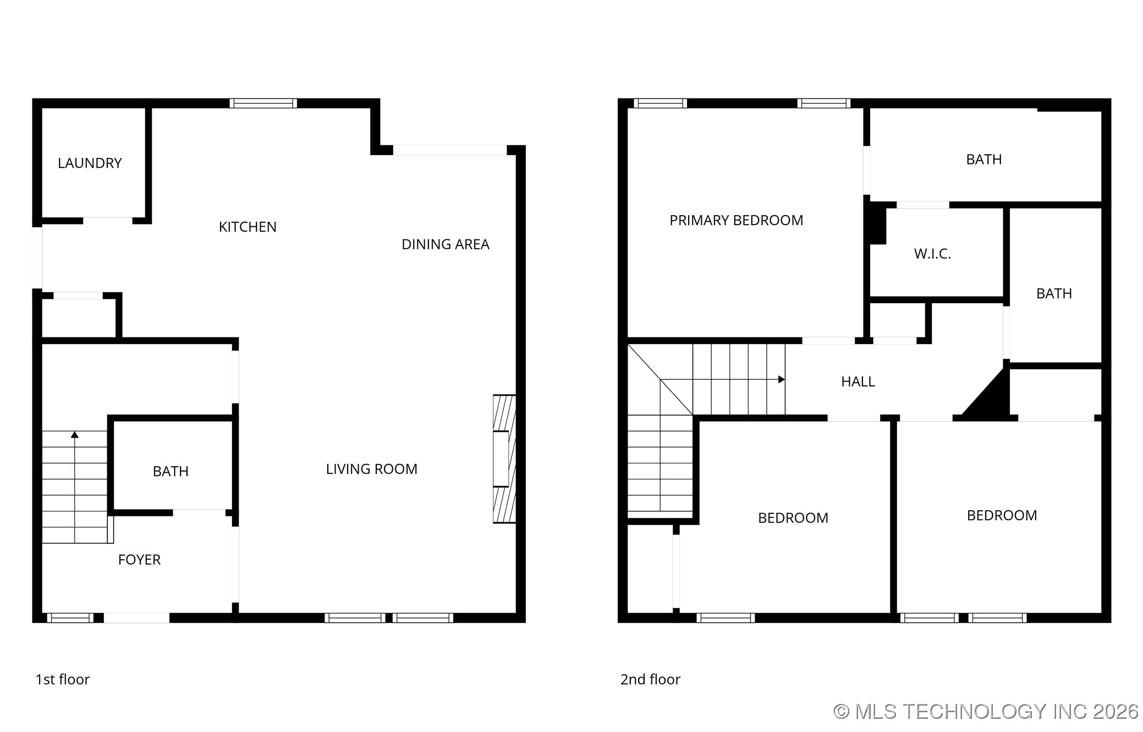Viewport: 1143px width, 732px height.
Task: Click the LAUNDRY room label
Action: tap(90, 163)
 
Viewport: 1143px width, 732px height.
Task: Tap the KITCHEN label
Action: tap(248, 227)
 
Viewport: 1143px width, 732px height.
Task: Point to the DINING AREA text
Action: tap(446, 244)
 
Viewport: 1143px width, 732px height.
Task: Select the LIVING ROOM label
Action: tap(371, 469)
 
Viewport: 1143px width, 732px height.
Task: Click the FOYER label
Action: tap(139, 560)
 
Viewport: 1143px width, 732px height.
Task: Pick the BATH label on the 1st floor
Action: tap(171, 471)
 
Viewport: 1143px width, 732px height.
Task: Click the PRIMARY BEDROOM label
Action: tap(736, 220)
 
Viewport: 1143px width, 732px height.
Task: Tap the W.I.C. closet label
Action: tap(932, 254)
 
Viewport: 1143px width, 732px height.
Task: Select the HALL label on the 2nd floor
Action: tap(858, 381)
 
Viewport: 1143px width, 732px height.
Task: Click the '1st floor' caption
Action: tap(63, 680)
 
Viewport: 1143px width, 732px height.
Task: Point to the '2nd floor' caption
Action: tap(650, 680)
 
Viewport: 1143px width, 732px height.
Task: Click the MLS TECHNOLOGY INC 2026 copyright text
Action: tap(986, 712)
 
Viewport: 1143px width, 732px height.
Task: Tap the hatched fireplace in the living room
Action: tap(504, 458)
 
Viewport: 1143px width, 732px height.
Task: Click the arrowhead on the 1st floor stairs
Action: tap(75, 435)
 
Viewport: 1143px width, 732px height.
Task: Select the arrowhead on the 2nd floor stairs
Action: tap(781, 379)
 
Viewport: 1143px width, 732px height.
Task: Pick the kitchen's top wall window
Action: tap(263, 103)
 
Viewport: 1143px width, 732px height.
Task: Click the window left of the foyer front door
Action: tap(70, 618)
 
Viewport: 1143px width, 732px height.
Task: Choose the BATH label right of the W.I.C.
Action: tap(1054, 293)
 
